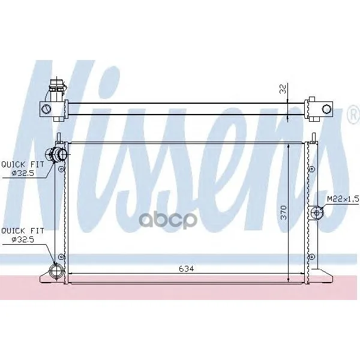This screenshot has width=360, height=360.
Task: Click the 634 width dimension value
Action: [186, 269]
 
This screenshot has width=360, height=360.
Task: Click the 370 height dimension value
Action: [284, 212]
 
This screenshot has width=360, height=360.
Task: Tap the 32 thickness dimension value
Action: [283, 89]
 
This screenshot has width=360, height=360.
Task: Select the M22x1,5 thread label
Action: [343, 199]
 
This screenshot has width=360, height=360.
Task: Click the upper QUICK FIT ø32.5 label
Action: [23, 169]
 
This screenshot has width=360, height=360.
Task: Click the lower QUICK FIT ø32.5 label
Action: [23, 235]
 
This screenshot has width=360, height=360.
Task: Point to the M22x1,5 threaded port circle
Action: [317, 212]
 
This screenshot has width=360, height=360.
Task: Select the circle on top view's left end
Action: [46, 109]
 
